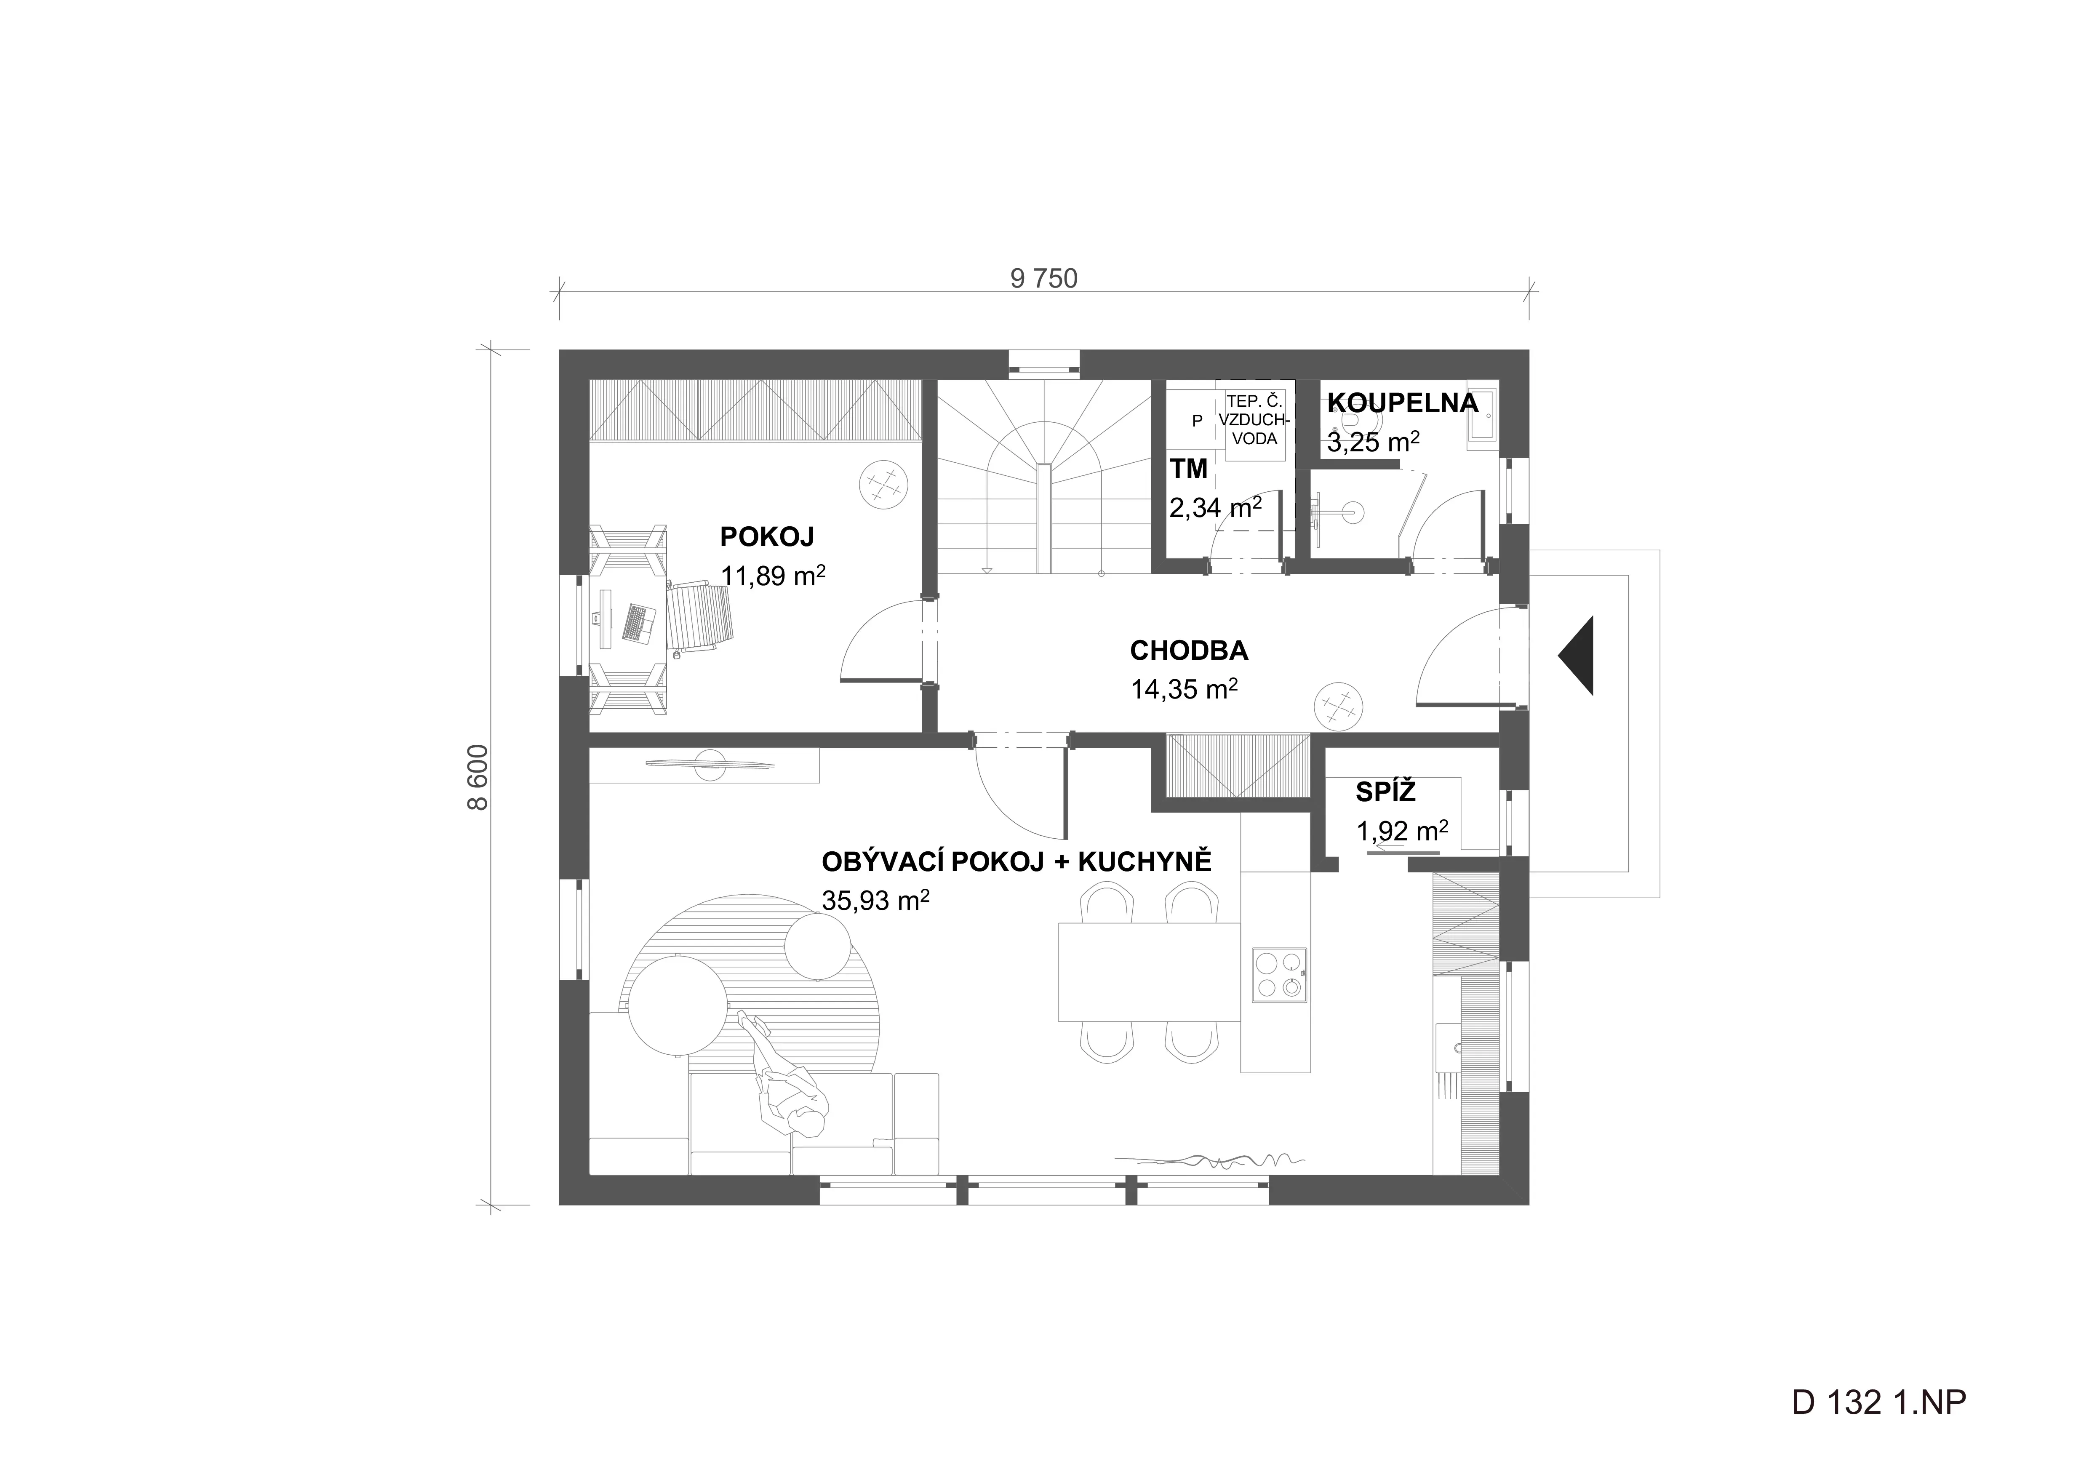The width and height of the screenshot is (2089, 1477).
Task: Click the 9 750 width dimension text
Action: point(1043,278)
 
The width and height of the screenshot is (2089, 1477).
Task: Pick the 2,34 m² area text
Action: point(1215,507)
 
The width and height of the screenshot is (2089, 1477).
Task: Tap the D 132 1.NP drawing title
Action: point(1879,1402)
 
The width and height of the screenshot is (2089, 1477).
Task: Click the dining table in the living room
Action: point(1149,972)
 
